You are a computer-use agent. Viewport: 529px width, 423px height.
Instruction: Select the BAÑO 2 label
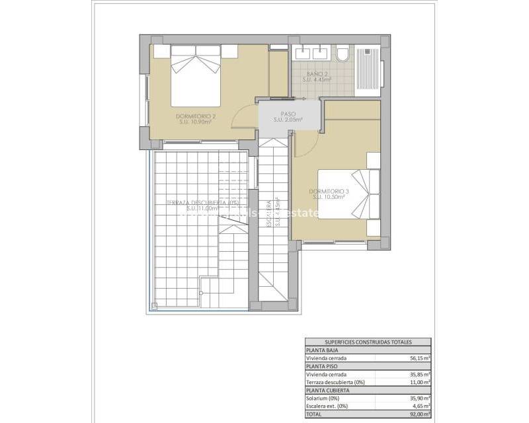pos(317,75)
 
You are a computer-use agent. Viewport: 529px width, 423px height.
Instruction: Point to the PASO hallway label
pos(288,116)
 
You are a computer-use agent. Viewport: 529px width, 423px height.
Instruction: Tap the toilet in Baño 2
pos(343,54)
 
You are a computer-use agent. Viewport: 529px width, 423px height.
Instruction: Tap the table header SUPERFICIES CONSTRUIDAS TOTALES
pos(368,342)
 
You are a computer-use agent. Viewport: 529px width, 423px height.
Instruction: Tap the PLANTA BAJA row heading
pos(321,350)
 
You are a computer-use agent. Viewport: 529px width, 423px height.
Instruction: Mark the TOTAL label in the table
pos(313,413)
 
